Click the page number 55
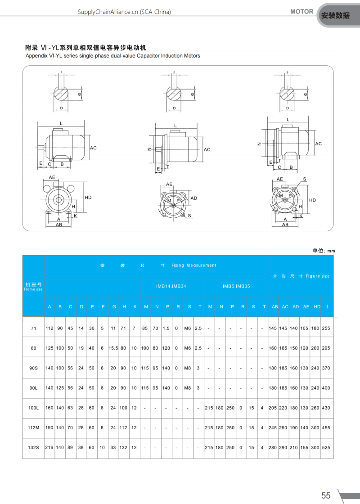[326, 495]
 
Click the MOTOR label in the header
[302, 12]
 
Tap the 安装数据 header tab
[335, 15]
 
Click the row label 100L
[33, 408]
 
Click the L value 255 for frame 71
[326, 328]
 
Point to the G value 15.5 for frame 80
[114, 348]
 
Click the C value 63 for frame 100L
[71, 408]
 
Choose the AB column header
[274, 306]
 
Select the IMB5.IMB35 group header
[236, 286]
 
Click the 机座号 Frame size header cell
[33, 287]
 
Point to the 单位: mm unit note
[324, 251]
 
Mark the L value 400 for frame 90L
[326, 388]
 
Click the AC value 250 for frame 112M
[284, 428]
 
